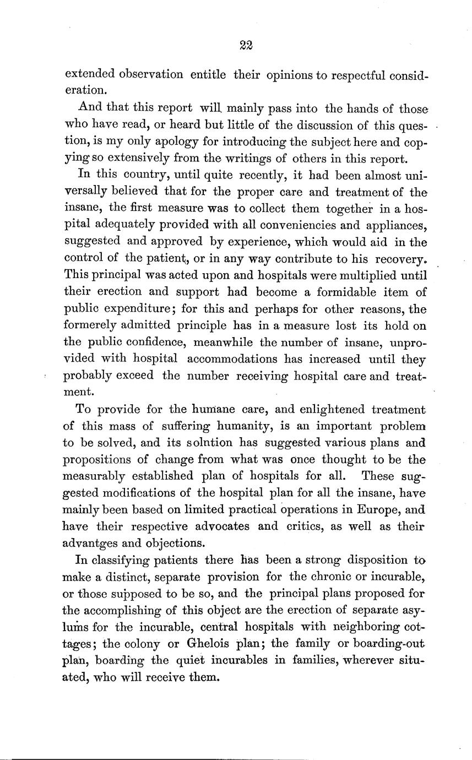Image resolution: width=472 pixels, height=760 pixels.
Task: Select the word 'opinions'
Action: [289, 74]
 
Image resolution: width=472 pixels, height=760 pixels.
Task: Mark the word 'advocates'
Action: [220, 525]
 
